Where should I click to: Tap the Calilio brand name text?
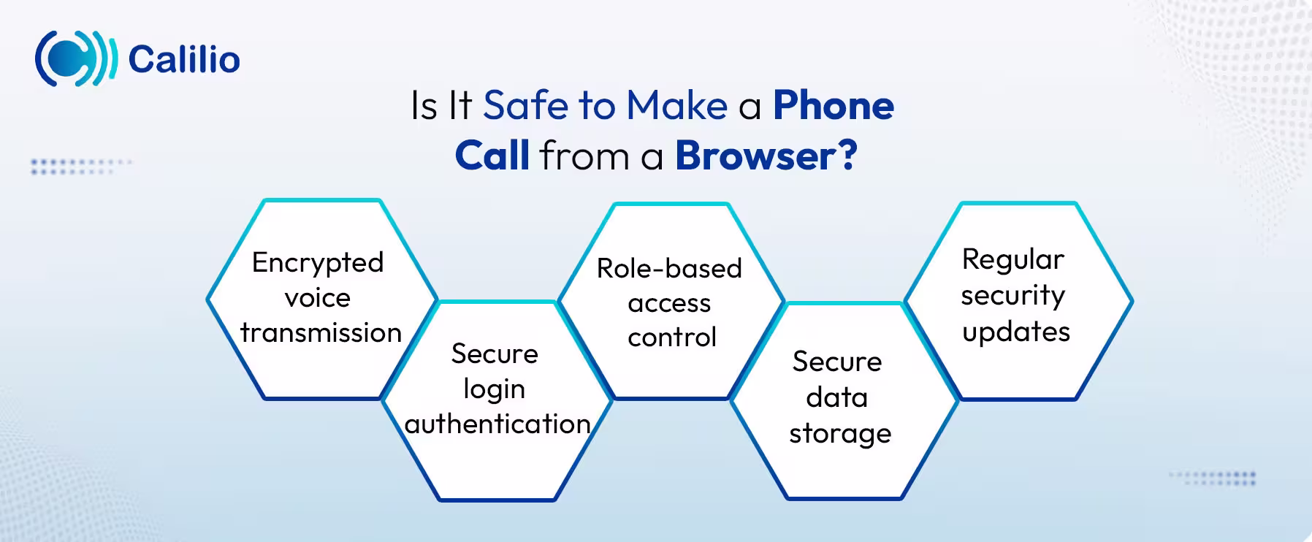[184, 59]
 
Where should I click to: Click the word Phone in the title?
[834, 105]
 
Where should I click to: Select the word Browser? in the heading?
[766, 155]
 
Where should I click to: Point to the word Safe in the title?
[526, 105]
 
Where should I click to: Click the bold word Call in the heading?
[492, 155]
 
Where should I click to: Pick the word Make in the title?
[676, 105]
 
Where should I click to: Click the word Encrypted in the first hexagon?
[318, 263]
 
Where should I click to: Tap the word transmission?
[321, 333]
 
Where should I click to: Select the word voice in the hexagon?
[318, 298]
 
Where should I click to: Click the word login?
[495, 389]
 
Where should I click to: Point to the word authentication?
[497, 424]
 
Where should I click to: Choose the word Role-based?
[669, 269]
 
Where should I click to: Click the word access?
[669, 303]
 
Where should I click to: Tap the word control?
[672, 337]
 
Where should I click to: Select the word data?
[837, 398]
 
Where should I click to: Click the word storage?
[840, 434]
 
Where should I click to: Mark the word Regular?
[1012, 260]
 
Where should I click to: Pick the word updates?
[1015, 332]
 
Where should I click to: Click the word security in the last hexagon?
[1012, 296]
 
